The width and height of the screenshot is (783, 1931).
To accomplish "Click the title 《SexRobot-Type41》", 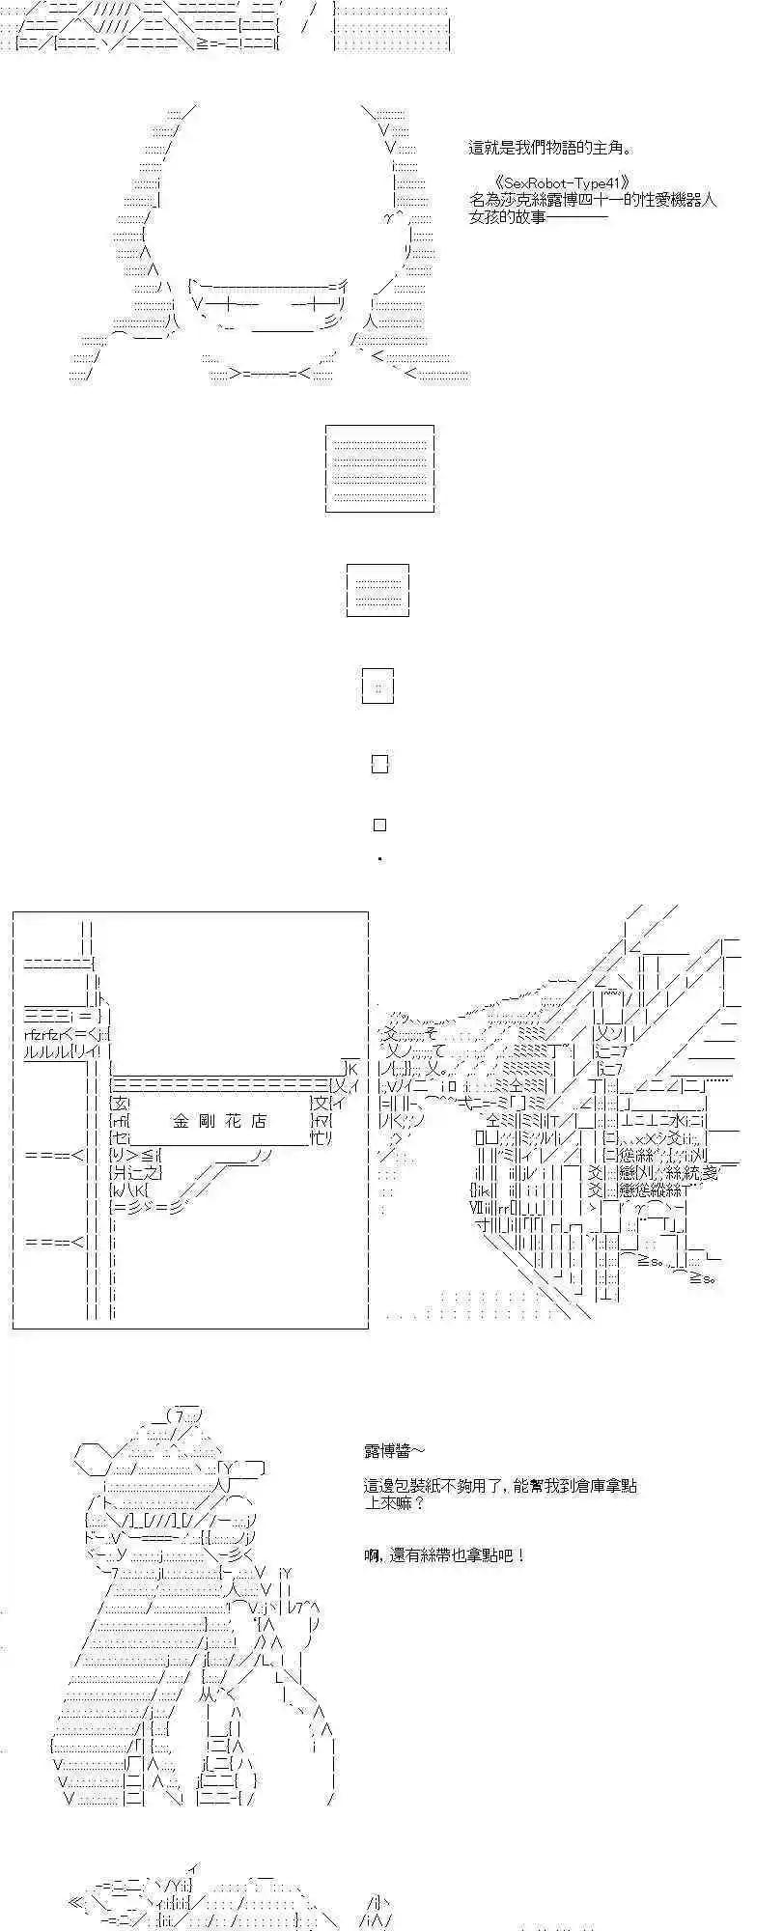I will pos(561,183).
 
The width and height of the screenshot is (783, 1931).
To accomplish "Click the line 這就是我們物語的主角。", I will pos(551,149).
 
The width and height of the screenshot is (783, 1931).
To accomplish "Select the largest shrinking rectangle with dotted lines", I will pos(379,468).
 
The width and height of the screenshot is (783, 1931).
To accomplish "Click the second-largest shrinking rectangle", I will pos(378,591).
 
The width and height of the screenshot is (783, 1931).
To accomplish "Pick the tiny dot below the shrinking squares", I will pos(379,858).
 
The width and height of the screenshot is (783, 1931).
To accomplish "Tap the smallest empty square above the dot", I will pos(379,825).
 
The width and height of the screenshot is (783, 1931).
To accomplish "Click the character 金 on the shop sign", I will pos(182,1121).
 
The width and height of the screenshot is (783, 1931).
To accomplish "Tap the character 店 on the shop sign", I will pos(258,1121).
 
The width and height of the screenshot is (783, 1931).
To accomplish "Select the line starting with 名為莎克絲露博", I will pos(593,201).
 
